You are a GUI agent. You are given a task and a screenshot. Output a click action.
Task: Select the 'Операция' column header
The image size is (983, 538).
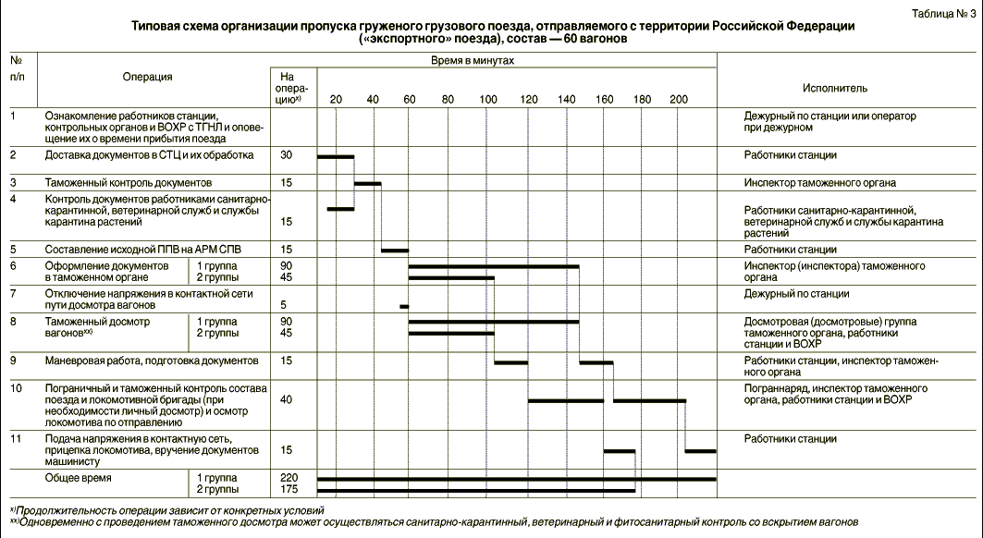point(147,78)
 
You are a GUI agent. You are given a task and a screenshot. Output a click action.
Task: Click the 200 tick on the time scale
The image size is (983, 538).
point(679,99)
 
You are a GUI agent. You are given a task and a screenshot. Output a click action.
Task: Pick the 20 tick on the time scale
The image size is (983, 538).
point(336,99)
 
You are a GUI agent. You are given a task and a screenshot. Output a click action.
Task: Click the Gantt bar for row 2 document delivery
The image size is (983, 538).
point(336,156)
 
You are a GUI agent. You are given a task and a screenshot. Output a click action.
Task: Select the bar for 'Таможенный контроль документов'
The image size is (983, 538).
point(368,183)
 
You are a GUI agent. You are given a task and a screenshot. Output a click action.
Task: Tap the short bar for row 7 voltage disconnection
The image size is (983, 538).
point(404,306)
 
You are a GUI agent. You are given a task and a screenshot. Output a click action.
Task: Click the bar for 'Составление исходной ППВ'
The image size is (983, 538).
point(395,250)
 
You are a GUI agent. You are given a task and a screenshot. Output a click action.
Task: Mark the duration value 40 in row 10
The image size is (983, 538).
point(287,399)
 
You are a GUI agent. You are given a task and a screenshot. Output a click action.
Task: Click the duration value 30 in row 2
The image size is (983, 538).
point(287,155)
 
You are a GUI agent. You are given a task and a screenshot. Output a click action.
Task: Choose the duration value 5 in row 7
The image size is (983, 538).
point(287,305)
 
